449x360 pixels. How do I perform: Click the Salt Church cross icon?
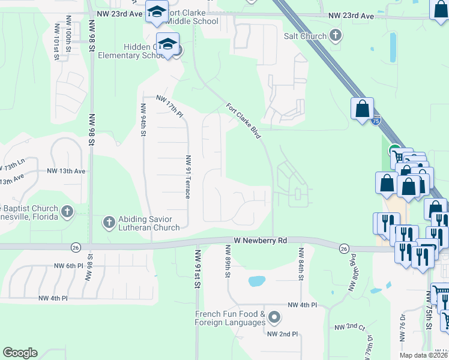click(x=336, y=36)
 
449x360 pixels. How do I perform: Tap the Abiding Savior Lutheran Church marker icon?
click(x=109, y=223)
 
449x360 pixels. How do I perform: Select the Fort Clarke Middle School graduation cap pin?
click(x=157, y=12)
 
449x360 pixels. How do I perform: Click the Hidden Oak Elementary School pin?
click(x=169, y=45)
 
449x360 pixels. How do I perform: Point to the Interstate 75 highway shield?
click(x=375, y=121)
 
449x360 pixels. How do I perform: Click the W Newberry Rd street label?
click(x=260, y=241)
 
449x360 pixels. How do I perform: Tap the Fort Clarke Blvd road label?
click(x=243, y=121)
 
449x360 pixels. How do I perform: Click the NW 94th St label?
click(x=143, y=120)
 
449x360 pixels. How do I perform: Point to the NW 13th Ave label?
click(x=66, y=171)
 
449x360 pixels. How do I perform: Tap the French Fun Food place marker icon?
click(x=274, y=316)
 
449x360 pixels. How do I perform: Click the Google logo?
click(x=20, y=353)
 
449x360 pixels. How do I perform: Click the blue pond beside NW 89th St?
click(x=256, y=281)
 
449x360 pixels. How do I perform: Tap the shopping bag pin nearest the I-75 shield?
click(x=362, y=109)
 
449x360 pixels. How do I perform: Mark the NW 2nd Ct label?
click(x=349, y=327)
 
